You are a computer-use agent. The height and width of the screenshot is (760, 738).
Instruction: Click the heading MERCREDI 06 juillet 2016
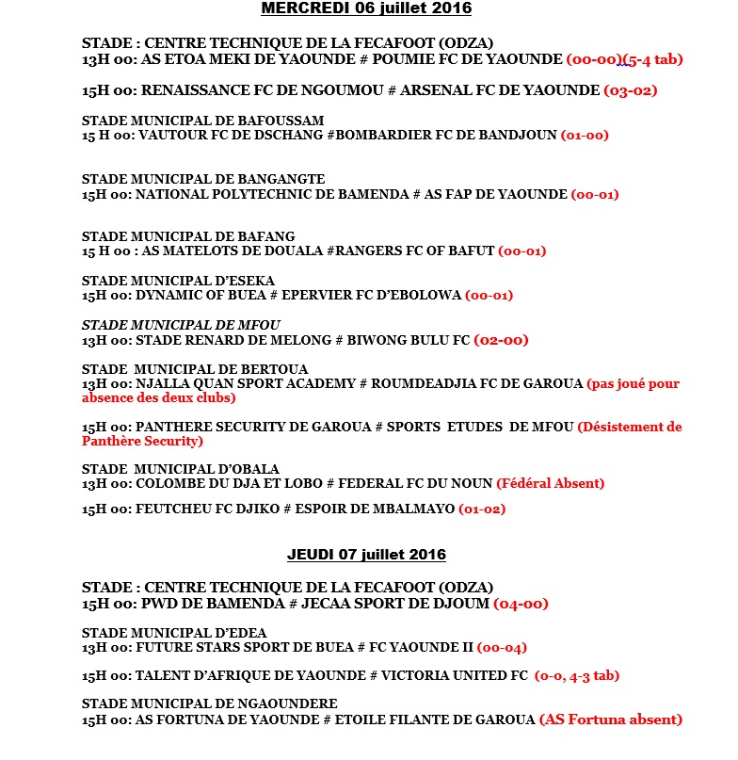366,8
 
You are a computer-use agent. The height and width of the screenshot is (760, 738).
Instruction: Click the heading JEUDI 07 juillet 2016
366,554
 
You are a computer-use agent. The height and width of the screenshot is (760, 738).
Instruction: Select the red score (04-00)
521,604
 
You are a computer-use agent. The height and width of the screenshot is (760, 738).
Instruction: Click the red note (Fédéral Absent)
550,483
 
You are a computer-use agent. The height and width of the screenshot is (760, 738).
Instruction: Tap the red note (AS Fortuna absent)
610,720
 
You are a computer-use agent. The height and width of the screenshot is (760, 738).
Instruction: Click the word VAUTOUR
171,135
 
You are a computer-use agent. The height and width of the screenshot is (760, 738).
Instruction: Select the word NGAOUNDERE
287,703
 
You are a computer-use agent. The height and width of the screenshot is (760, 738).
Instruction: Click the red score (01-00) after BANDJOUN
585,135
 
